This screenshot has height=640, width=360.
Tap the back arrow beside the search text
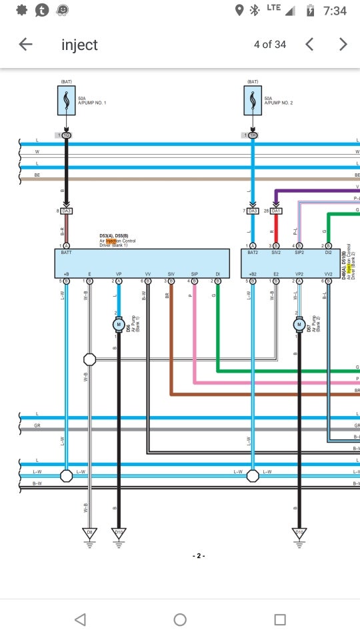tap(25, 45)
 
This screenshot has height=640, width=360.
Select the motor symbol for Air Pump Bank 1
tap(119, 325)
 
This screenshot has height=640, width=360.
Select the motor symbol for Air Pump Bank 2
tap(299, 325)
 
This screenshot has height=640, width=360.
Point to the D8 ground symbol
tap(89, 533)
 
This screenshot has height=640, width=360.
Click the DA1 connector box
tap(276, 211)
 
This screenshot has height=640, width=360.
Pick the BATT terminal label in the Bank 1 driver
tap(66, 253)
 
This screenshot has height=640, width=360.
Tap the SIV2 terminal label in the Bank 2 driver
tap(276, 253)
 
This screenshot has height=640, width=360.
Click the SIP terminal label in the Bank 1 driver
tap(194, 274)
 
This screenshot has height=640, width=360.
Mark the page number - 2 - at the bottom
tap(198, 555)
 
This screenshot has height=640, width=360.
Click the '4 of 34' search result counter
tap(270, 45)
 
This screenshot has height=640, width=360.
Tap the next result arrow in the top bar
tap(343, 45)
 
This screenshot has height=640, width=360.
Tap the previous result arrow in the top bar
tap(309, 45)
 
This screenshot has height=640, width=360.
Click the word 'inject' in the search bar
tap(79, 45)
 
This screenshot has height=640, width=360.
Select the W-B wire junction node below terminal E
tap(89, 359)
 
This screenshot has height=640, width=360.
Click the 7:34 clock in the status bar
tap(335, 11)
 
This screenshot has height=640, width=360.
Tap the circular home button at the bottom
tap(180, 619)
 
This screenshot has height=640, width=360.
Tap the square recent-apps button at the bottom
tap(280, 619)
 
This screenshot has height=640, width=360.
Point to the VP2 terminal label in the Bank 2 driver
tap(299, 274)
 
